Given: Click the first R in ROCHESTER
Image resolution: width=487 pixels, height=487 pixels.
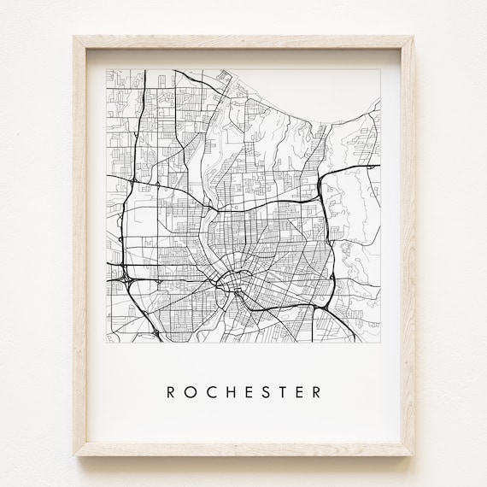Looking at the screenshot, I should [171, 393].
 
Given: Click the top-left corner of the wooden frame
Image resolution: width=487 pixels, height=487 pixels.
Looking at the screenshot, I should [75, 37].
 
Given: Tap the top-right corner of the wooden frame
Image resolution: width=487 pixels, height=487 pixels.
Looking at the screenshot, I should [413, 37].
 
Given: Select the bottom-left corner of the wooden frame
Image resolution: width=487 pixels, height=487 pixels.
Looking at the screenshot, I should [75, 455].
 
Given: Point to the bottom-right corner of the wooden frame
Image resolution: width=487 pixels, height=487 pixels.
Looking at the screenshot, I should [413, 455].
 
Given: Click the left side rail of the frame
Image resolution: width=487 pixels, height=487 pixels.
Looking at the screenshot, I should [81, 248].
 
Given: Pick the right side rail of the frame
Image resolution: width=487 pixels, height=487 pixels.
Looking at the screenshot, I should [407, 248].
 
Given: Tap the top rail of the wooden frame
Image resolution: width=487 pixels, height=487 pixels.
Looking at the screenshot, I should [243, 42].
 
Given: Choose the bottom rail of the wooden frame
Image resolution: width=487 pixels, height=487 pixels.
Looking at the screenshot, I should [243, 449].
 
